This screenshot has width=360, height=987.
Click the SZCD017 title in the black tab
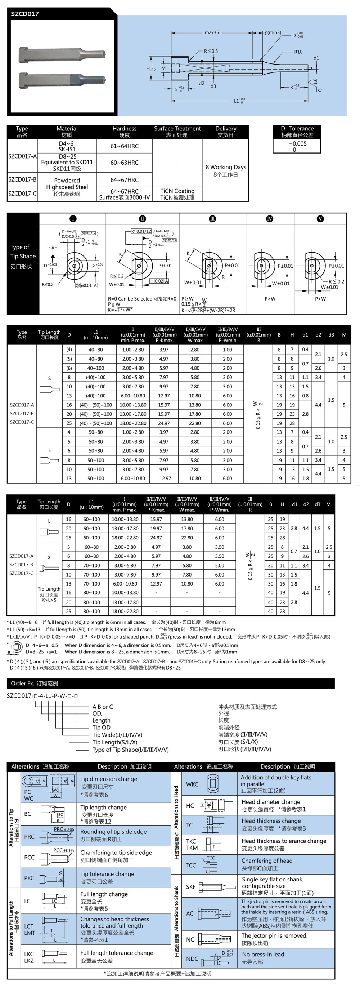25,14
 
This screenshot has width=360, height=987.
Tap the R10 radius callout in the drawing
298,52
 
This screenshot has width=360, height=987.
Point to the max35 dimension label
211,32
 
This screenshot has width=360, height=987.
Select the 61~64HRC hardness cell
125,146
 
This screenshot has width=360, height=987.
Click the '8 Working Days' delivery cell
226,170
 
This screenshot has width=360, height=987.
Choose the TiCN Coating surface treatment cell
177,194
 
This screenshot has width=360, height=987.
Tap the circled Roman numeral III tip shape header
212,218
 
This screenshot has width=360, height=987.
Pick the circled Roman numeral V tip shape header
320,218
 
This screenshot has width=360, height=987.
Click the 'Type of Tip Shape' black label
23,256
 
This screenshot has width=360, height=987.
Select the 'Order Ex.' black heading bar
170,683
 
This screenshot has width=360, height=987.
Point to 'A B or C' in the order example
103,707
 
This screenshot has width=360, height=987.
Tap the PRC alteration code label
30,836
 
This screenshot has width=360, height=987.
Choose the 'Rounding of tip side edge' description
113,832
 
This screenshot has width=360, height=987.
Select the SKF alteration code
191,886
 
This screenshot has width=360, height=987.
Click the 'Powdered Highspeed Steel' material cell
67,187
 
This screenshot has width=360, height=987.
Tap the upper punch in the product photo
61,53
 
